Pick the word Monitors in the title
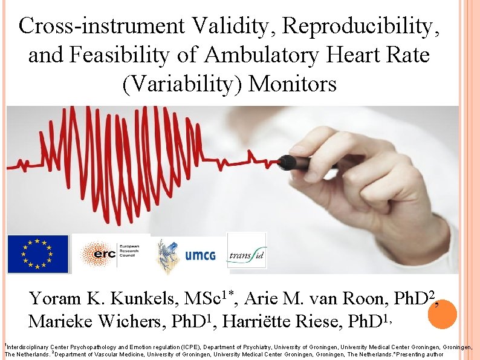point(293,84)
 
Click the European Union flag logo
point(37,254)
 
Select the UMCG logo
point(187,255)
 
